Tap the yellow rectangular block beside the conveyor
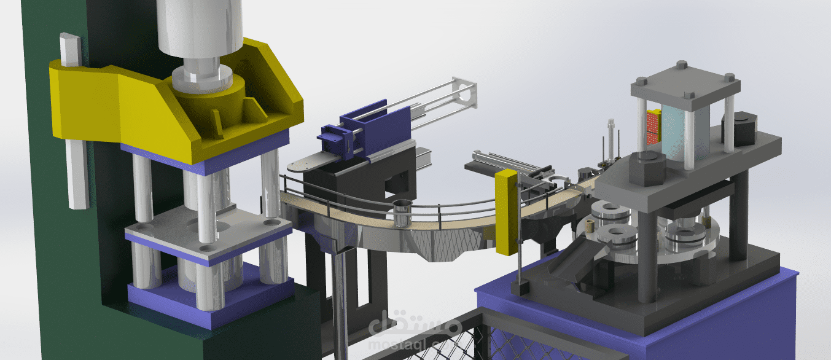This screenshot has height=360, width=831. coord(507,212)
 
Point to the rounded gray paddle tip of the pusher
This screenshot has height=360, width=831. coord(301,164)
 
